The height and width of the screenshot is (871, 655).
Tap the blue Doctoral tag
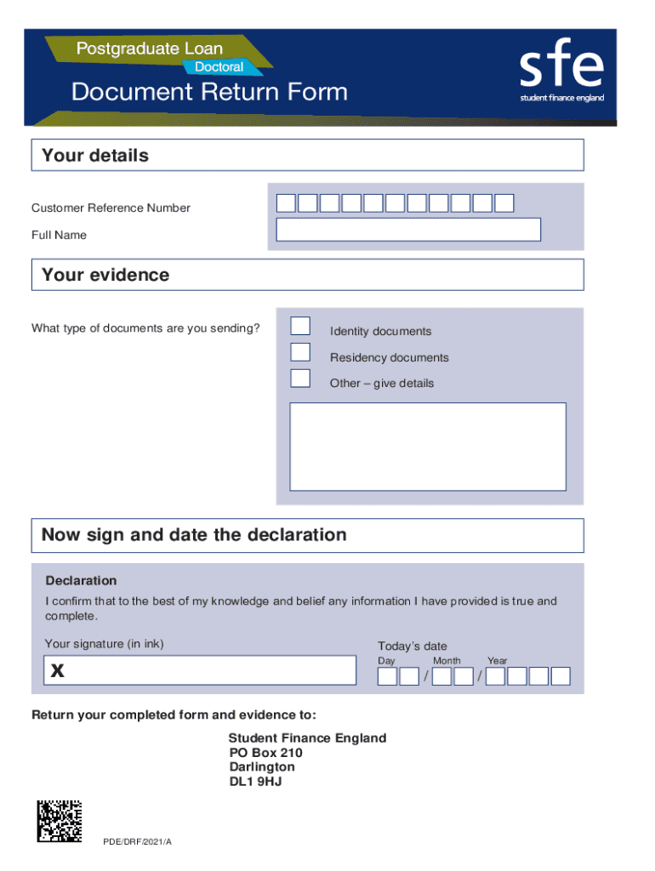219,66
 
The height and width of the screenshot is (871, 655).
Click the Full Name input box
408,230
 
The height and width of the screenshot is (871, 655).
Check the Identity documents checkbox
300,326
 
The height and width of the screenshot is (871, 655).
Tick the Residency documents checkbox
300,352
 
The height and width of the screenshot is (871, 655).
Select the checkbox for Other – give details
300,379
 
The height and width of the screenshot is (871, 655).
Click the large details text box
428,447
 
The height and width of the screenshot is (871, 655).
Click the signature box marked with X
200,670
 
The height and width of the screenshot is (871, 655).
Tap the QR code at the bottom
60,822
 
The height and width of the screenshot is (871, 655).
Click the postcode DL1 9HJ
255,781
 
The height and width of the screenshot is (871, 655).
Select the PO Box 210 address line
265,753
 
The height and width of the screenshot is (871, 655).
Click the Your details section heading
95,156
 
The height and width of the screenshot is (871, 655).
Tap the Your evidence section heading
105,275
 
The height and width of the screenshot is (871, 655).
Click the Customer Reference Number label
111,208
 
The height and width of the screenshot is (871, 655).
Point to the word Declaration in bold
81,581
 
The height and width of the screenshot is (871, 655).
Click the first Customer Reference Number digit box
287,203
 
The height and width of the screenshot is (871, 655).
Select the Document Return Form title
209,93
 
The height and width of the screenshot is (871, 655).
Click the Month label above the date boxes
447,661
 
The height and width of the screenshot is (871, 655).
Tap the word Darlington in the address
262,767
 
